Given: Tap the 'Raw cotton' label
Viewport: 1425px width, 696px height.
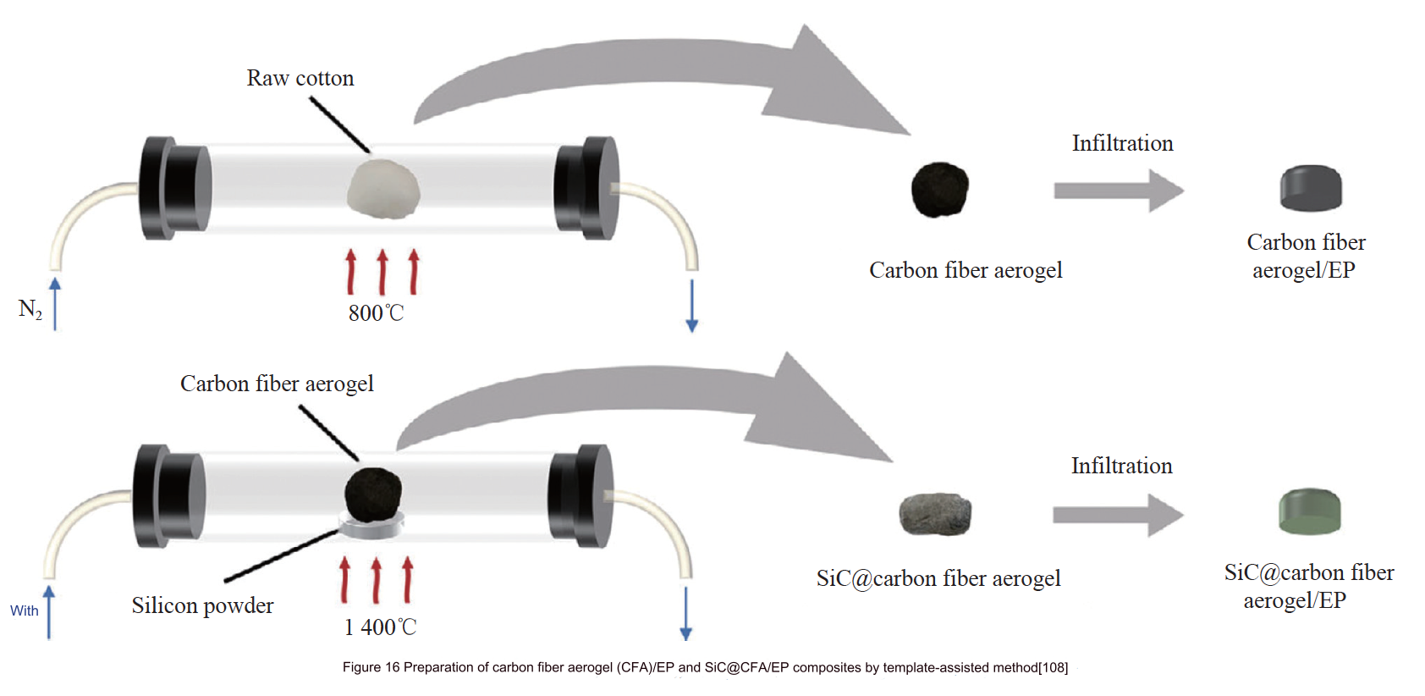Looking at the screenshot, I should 300,79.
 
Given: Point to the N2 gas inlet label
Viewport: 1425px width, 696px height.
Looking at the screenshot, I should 30,309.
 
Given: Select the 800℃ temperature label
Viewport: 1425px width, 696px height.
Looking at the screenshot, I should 377,313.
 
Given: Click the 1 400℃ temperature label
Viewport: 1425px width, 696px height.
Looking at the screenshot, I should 380,627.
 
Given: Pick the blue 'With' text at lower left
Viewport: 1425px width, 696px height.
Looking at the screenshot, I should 25,610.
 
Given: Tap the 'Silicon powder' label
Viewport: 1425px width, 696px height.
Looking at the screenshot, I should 203,605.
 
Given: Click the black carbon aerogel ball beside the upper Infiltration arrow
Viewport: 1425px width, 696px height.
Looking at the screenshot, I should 939,190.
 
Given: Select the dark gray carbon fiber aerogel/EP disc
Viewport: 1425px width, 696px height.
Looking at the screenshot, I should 1311,188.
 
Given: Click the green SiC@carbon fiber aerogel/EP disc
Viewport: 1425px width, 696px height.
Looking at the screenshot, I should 1309,511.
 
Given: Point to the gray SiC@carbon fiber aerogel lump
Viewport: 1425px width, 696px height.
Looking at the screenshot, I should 935,514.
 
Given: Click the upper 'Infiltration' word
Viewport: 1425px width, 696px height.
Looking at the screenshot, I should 1122,143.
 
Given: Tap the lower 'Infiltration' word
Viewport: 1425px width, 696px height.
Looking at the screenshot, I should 1121,466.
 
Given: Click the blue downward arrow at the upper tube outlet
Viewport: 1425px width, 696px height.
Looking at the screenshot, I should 691,305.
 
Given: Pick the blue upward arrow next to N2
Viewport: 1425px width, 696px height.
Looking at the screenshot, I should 55,302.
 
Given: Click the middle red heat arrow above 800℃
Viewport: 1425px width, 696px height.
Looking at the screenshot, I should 382,272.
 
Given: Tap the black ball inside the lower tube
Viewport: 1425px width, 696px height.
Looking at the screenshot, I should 373,492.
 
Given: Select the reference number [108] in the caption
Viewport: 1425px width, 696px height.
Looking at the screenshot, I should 1053,667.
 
